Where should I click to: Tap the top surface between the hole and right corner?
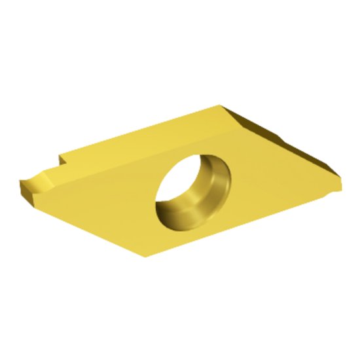point(275,170)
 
